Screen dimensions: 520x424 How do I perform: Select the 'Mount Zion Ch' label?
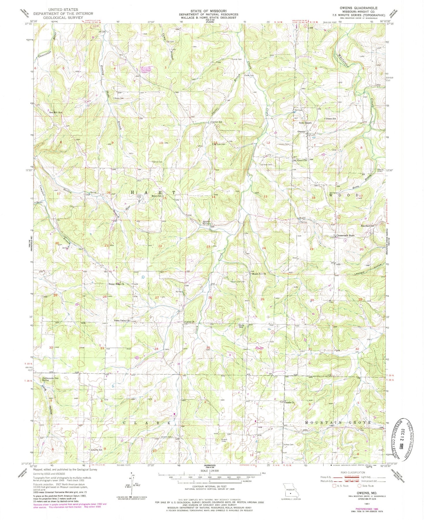coord(259,274)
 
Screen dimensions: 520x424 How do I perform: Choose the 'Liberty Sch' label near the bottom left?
coord(96,450)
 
